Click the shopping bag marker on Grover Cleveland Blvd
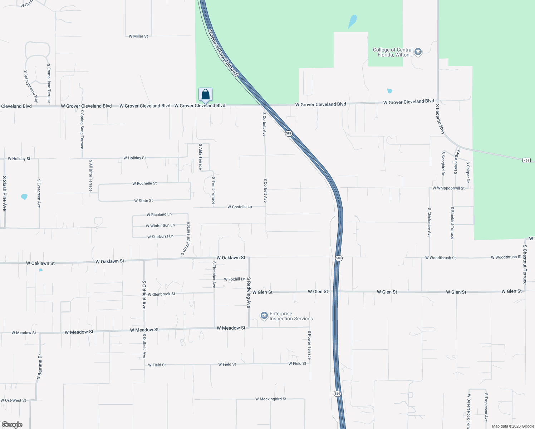coord(205,94)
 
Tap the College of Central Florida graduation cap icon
coord(418,52)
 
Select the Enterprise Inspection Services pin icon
coord(264,316)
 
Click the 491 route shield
coord(526,160)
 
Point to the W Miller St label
coord(138,36)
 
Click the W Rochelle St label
coord(144,183)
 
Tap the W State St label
coord(143,201)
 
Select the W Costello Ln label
coord(240,207)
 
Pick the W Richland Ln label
coord(159,214)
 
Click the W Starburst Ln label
coord(160,237)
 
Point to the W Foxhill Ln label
coord(235,279)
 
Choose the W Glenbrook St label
coord(161,294)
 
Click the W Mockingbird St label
coord(271,399)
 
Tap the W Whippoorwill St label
coord(448,188)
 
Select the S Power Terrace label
coord(309,345)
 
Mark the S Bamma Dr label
coord(39,366)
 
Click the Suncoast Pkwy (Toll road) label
coord(223,53)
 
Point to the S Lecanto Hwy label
coord(440,119)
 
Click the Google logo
coord(12,425)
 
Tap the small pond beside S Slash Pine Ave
coord(24,197)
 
